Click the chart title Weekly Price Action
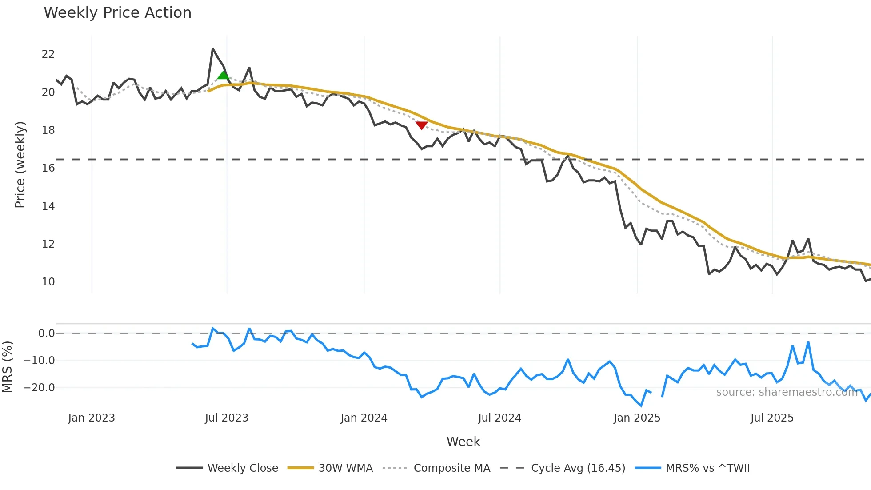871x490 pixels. pos(117,13)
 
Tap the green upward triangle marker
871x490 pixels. pos(223,75)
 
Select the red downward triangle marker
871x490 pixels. pos(421,125)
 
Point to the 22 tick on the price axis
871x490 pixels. pos(48,54)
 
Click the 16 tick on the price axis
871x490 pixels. pos(48,168)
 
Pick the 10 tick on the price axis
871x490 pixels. pos(48,282)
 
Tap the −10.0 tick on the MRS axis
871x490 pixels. pos(39,361)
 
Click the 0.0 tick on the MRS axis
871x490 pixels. pos(46,333)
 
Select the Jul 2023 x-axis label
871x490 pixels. pos(227,418)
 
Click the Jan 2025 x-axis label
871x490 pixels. pos(637,418)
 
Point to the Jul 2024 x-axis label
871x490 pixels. pos(499,418)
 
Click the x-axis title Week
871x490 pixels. pos(463,442)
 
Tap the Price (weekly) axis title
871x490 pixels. pos(20,165)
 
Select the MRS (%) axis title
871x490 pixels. pos(8,367)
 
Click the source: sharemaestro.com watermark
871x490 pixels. pos(787,392)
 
